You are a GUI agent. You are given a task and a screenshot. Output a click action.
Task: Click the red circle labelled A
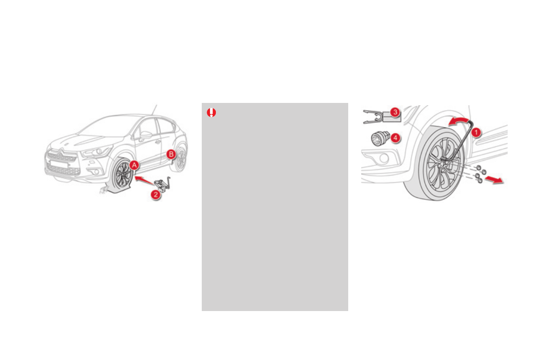[134, 165]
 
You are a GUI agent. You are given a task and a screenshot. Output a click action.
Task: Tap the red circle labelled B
[171, 154]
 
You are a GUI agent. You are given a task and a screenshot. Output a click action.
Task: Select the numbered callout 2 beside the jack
[155, 195]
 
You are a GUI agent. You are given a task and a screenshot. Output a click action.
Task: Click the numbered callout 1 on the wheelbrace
[475, 132]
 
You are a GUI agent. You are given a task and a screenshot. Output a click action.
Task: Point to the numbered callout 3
[395, 112]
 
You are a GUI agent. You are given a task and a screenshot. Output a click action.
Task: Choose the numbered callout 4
[395, 137]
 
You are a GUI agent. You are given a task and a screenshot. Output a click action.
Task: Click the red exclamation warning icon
[211, 113]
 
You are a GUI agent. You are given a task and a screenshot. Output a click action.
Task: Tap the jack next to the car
[163, 184]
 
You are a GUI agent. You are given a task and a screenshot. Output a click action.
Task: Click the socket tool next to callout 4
[378, 137]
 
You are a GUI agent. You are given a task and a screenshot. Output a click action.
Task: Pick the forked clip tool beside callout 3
[375, 117]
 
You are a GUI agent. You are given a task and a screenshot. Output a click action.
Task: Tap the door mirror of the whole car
[145, 134]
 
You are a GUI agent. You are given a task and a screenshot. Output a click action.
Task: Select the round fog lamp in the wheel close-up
[384, 158]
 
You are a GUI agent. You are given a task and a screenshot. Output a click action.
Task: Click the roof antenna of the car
[154, 109]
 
